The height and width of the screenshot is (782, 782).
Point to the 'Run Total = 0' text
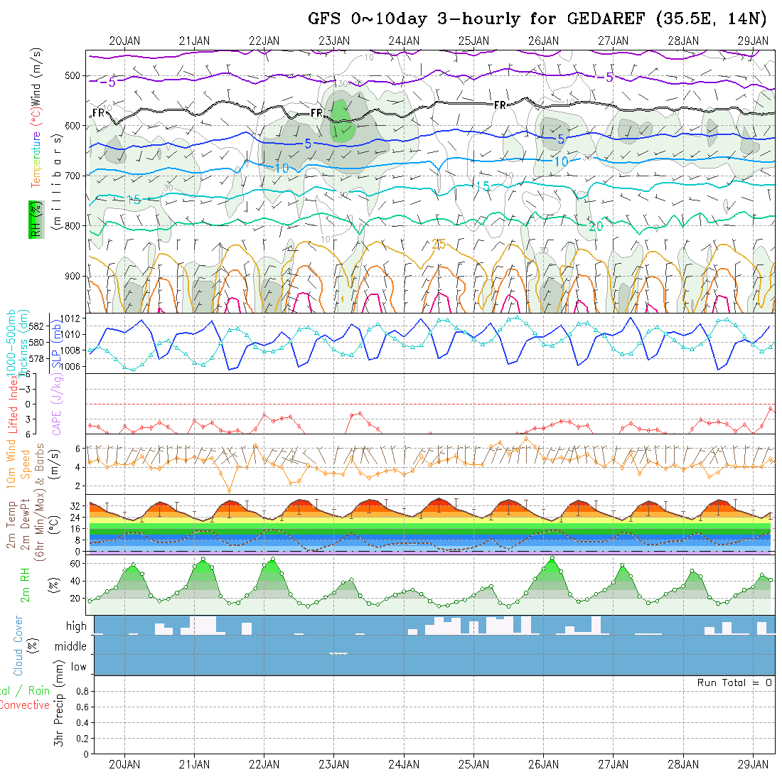pos(735,682)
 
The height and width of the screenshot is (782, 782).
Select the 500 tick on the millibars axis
pos(75,76)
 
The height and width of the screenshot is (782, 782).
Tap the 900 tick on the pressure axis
pos(75,276)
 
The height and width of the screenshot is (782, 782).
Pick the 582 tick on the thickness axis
pos(37,326)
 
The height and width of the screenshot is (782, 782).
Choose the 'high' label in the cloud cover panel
pos(76,626)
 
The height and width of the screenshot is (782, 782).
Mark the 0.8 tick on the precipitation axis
pos(80,691)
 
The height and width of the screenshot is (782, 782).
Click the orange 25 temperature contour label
pos(439,245)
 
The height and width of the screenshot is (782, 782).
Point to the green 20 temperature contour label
pos(596,226)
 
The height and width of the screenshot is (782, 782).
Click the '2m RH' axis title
pos(26,584)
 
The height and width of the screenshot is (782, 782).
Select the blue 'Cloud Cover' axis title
pos(18,646)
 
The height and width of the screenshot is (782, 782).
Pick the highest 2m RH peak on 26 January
pos(552,559)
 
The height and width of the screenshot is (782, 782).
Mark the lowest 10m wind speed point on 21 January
pos(229,489)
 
